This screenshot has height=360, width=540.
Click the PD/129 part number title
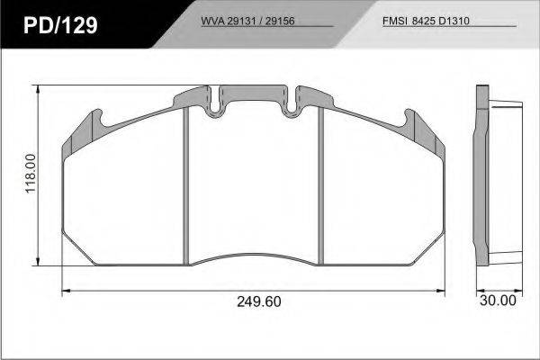(60, 25)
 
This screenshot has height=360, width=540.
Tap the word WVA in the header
(212, 21)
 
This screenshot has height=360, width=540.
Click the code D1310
(454, 21)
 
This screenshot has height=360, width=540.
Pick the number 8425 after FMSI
(424, 21)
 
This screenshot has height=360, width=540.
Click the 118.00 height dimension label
(31, 174)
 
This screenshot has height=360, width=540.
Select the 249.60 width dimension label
(259, 301)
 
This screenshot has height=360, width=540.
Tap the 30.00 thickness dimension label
(498, 301)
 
